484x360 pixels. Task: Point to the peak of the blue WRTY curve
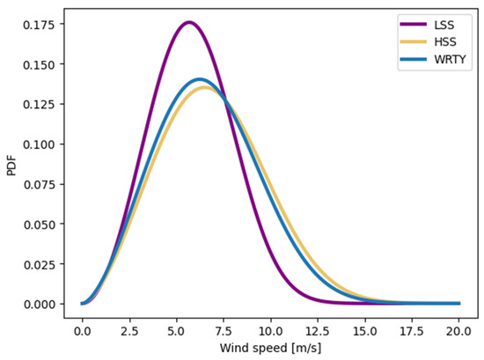pos(199,79)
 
